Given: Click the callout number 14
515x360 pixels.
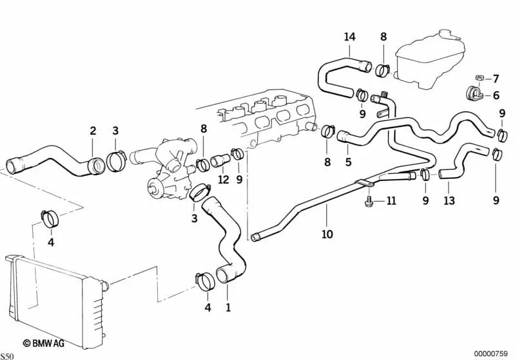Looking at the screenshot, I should coord(349,37).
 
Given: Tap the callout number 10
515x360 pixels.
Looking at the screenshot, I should coord(327,234).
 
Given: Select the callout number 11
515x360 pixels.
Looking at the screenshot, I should coord(391,202).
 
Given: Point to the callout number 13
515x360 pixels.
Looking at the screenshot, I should coord(449,201).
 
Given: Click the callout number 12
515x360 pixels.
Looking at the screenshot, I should coord(223,180).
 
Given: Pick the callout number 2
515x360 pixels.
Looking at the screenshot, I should coord(93,131).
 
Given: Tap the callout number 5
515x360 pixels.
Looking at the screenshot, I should coord(348,162).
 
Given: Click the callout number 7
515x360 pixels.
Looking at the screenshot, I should coord(496,79).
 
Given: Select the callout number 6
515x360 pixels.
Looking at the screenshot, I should coord(496,95).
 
